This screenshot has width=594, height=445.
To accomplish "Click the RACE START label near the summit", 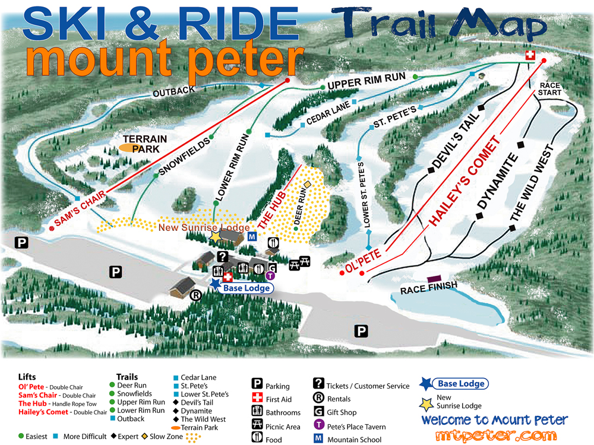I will pyautogui.click(x=550, y=89).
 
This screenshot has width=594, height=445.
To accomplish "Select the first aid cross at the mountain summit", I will pyautogui.click(x=530, y=55).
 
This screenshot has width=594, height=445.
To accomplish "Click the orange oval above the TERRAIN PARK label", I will pyautogui.click(x=129, y=146).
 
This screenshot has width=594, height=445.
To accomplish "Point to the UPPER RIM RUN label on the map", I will pyautogui.click(x=366, y=80).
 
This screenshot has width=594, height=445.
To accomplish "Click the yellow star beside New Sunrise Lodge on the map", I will pyautogui.click(x=214, y=236).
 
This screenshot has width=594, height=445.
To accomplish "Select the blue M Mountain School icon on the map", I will pyautogui.click(x=251, y=237).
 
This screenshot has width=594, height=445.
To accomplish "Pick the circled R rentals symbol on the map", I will pyautogui.click(x=194, y=295).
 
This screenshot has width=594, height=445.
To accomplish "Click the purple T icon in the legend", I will pyautogui.click(x=318, y=426).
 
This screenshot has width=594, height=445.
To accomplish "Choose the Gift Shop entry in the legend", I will pyautogui.click(x=340, y=412).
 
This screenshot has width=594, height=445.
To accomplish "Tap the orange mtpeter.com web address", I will pyautogui.click(x=494, y=435).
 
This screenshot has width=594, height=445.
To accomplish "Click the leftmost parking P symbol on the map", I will pyautogui.click(x=22, y=242).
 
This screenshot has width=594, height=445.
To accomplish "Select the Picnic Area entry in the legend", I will pyautogui.click(x=283, y=425).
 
